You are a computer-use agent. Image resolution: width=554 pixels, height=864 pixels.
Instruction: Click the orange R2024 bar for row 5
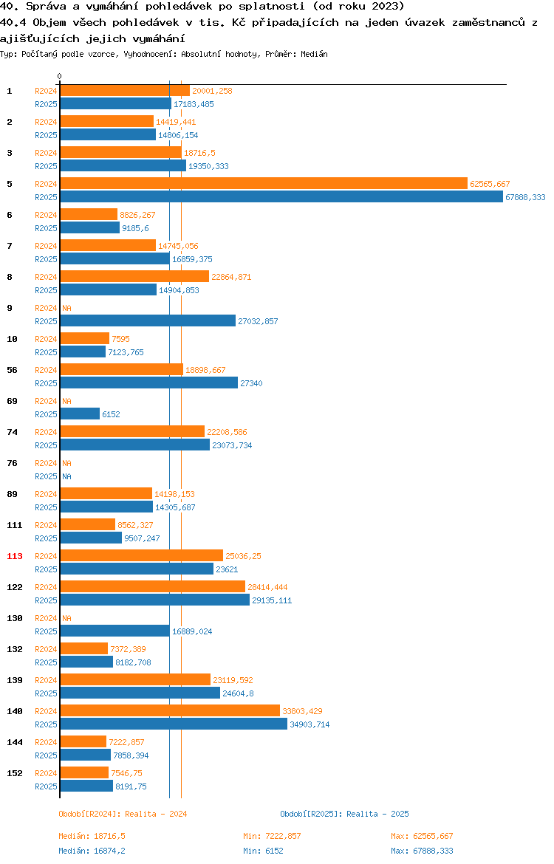pyautogui.click(x=264, y=183)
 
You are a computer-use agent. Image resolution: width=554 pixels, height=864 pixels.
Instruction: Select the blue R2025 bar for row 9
pyautogui.click(x=148, y=320)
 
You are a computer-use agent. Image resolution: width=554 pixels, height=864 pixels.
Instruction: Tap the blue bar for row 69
pyautogui.click(x=80, y=414)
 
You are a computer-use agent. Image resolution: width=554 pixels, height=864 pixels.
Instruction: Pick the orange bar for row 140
pyautogui.click(x=170, y=710)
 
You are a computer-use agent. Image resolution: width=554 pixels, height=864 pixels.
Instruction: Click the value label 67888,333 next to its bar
pyautogui.click(x=525, y=197)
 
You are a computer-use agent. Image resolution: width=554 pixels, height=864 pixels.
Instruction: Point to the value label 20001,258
pyautogui.click(x=212, y=91)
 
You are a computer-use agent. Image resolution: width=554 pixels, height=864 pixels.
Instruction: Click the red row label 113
pyautogui.click(x=15, y=556)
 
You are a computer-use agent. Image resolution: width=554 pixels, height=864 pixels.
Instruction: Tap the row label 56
pyautogui.click(x=12, y=370)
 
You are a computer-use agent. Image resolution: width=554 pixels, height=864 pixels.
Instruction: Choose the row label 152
pyautogui.click(x=15, y=773)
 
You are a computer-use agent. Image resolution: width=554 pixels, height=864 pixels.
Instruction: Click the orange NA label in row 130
pyautogui.click(x=66, y=618)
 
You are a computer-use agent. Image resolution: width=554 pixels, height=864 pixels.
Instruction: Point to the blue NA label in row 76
pyautogui.click(x=66, y=476)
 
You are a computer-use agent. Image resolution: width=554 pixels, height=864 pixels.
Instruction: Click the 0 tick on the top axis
pyautogui.click(x=60, y=77)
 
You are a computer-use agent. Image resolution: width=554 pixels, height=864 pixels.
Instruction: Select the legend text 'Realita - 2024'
pyautogui.click(x=156, y=814)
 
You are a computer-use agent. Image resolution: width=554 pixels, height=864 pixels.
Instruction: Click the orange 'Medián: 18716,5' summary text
pyautogui.click(x=92, y=836)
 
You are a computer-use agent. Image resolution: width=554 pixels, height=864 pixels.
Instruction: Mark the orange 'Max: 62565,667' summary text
pyautogui.click(x=422, y=836)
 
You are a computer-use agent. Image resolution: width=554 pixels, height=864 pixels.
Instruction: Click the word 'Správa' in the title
pyautogui.click(x=45, y=6)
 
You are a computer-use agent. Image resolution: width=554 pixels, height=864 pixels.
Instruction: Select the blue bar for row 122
pyautogui.click(x=155, y=600)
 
